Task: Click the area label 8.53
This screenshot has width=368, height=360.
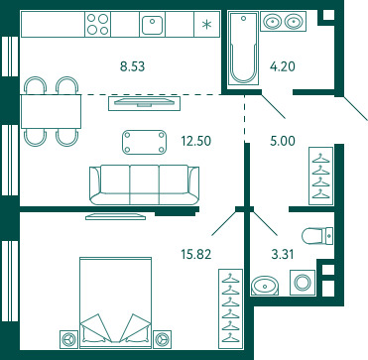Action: click(x=133, y=66)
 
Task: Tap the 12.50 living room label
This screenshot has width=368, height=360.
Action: click(x=196, y=141)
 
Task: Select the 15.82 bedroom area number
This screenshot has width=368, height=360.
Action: click(x=196, y=254)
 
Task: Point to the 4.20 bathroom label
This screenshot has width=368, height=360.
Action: click(x=283, y=66)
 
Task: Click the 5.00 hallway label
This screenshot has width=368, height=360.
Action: click(x=283, y=141)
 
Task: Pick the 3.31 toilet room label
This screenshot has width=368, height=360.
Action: click(x=282, y=254)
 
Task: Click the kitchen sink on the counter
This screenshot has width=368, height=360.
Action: click(x=152, y=24)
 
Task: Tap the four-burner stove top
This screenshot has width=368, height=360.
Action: click(x=98, y=24)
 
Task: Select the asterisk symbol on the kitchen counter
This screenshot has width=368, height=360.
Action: click(x=207, y=25)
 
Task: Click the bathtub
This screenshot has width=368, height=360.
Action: click(x=244, y=49)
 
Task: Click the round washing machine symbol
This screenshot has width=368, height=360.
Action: click(x=303, y=283)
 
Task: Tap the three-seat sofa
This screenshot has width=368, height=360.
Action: click(x=145, y=184)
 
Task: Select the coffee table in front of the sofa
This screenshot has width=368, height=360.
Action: click(x=145, y=142)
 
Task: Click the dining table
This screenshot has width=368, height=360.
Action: click(x=52, y=111)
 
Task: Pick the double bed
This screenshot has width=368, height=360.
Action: click(x=115, y=302)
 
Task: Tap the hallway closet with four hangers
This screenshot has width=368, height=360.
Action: click(x=321, y=177)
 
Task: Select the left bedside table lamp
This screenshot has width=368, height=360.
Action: click(x=68, y=339)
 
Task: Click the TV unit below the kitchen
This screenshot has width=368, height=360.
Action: click(x=144, y=103)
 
